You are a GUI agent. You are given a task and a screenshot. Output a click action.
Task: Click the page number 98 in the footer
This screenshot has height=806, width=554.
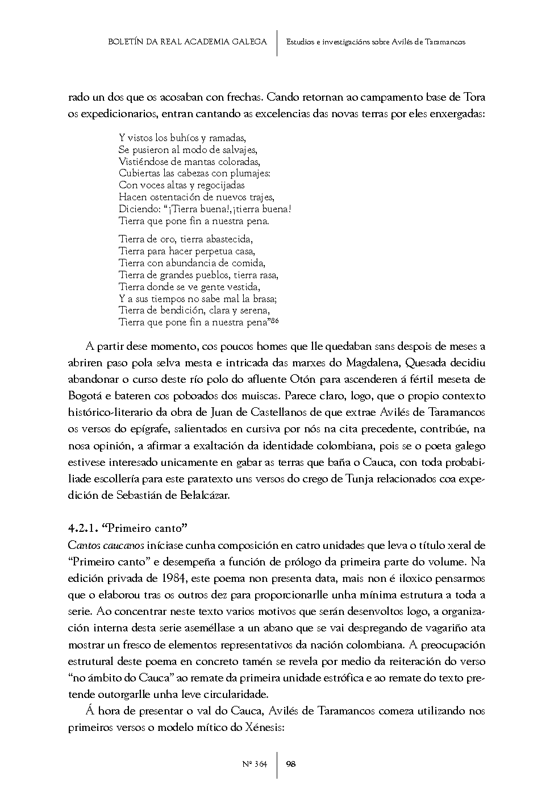[x=290, y=764]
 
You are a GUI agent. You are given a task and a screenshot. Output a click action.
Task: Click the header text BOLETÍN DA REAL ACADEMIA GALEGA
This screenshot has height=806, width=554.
[x=187, y=42]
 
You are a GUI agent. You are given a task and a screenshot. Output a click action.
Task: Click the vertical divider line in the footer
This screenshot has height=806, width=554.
[x=277, y=764]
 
